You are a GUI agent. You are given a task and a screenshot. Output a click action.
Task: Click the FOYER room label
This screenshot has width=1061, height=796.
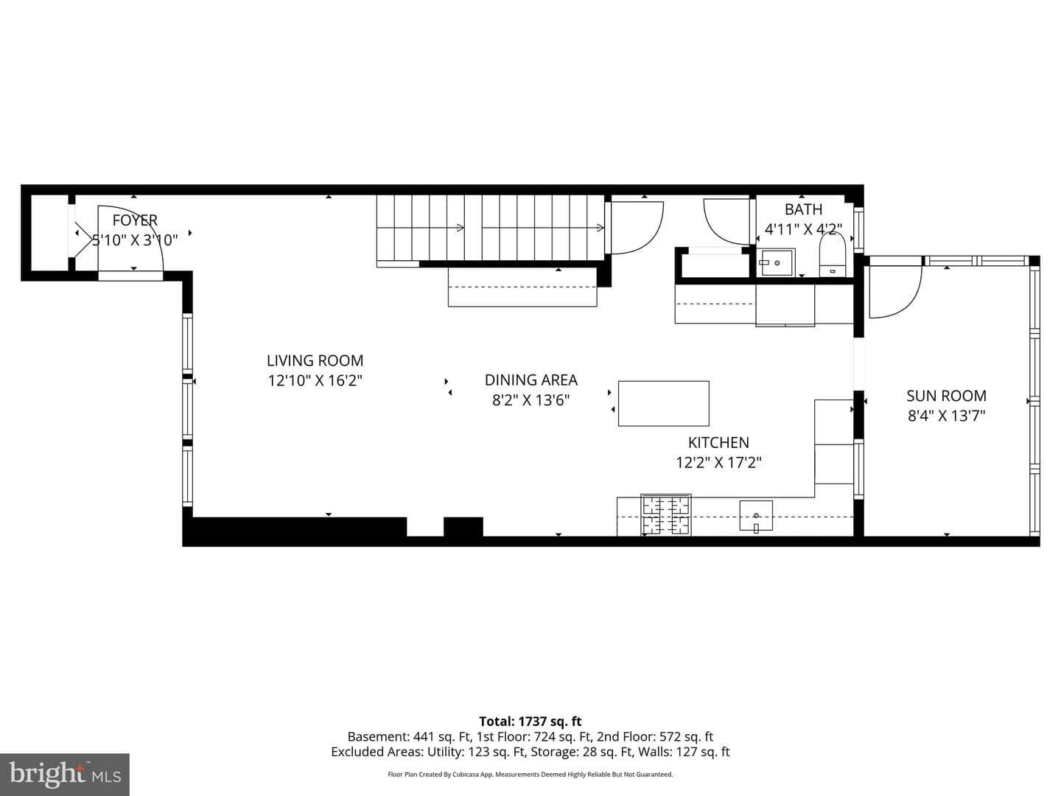[x=135, y=220]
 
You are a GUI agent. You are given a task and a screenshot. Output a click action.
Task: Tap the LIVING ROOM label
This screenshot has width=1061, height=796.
[x=315, y=360]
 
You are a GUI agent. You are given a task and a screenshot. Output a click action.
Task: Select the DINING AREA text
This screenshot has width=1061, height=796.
[x=530, y=380]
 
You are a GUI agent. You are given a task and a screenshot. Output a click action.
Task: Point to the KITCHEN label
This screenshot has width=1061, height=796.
[x=718, y=442]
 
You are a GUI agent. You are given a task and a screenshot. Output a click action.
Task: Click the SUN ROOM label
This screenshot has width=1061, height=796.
[x=946, y=396]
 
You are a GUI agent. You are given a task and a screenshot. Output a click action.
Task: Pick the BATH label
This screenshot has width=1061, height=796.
[x=803, y=209]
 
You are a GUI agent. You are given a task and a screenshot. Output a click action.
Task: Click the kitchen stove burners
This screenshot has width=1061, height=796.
[x=665, y=514]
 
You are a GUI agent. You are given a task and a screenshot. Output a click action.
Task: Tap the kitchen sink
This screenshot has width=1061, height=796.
[x=756, y=516]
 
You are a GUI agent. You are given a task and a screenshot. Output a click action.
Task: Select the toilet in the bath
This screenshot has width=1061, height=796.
[x=832, y=255]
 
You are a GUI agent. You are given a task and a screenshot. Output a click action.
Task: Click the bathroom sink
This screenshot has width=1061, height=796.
[x=776, y=262]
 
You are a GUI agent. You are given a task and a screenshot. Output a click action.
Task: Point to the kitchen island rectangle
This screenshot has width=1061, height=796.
[x=664, y=404]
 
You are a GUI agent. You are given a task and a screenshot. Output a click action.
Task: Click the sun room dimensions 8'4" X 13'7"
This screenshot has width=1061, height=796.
[x=946, y=416]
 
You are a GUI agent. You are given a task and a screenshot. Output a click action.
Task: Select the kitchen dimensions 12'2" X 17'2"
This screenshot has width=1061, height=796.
[x=718, y=463]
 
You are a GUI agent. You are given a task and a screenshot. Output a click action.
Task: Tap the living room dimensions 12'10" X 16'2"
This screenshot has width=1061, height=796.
[x=315, y=381]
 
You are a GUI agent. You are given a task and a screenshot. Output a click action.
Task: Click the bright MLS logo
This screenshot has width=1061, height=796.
[x=65, y=774]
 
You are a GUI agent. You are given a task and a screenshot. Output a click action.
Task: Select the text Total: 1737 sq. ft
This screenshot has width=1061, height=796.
[x=530, y=721]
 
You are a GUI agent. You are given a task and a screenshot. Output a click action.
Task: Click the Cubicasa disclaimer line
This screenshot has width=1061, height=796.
[x=530, y=774]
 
